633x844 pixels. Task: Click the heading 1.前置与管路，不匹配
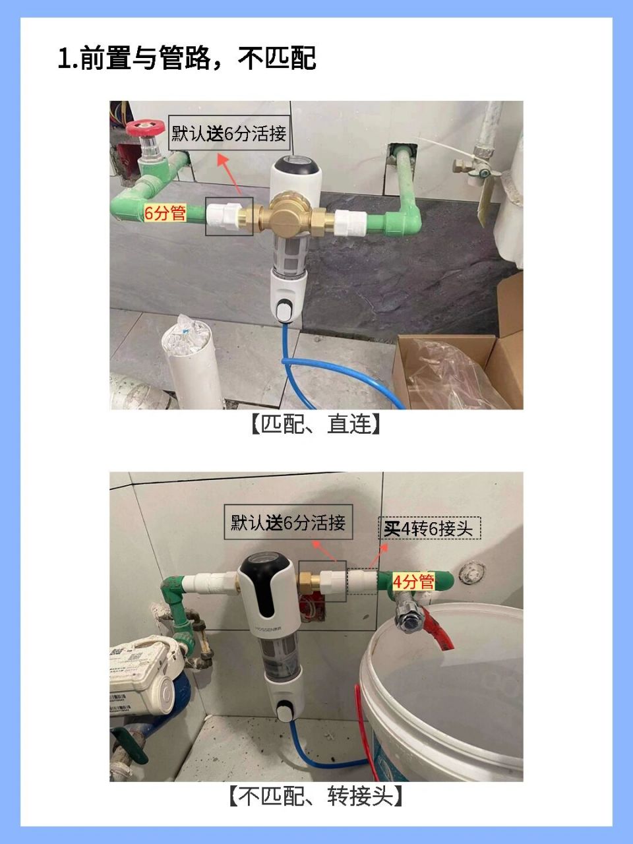point(187,58)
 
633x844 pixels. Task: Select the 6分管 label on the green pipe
point(166,212)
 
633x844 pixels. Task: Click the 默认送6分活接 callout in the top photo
point(229,134)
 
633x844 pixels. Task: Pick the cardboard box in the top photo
point(455,369)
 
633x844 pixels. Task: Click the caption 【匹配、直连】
point(316,424)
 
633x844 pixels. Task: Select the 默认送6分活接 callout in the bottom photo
point(288,523)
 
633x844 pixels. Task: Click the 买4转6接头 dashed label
point(429,528)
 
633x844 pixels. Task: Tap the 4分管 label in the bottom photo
point(413,581)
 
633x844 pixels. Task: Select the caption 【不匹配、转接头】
point(316,797)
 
